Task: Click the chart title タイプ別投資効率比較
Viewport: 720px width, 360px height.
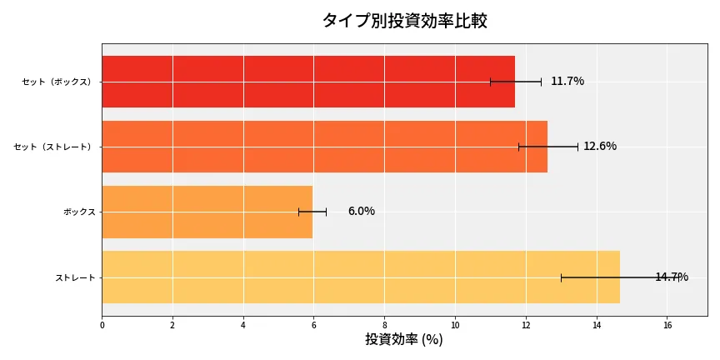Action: click(404, 21)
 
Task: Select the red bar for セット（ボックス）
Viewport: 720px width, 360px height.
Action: click(308, 82)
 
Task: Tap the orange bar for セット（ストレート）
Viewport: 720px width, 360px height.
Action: click(325, 147)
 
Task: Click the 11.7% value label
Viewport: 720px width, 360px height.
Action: click(567, 81)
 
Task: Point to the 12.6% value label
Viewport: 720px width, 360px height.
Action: click(600, 146)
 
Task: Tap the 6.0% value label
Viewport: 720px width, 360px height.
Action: click(361, 211)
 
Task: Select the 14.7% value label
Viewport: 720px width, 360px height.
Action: click(672, 277)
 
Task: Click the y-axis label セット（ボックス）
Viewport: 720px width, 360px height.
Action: click(57, 82)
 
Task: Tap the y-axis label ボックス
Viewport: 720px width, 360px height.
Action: click(79, 212)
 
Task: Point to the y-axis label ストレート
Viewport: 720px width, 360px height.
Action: click(75, 277)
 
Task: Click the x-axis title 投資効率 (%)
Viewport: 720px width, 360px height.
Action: click(404, 340)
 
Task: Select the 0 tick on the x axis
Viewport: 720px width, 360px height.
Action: click(102, 326)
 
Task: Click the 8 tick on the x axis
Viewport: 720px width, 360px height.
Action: click(385, 326)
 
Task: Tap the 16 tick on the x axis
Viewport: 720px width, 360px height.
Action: click(667, 326)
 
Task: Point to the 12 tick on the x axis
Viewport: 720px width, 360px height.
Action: click(526, 326)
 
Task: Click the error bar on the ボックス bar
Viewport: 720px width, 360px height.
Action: click(312, 212)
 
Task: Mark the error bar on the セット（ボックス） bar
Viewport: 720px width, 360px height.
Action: click(516, 82)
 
